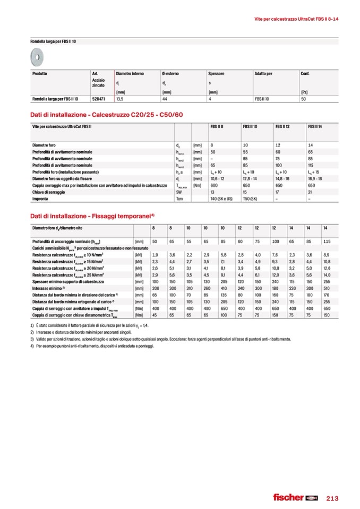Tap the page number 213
point(331,497)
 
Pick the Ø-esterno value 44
point(165,99)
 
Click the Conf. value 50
point(303,99)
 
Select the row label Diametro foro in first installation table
point(44,145)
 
